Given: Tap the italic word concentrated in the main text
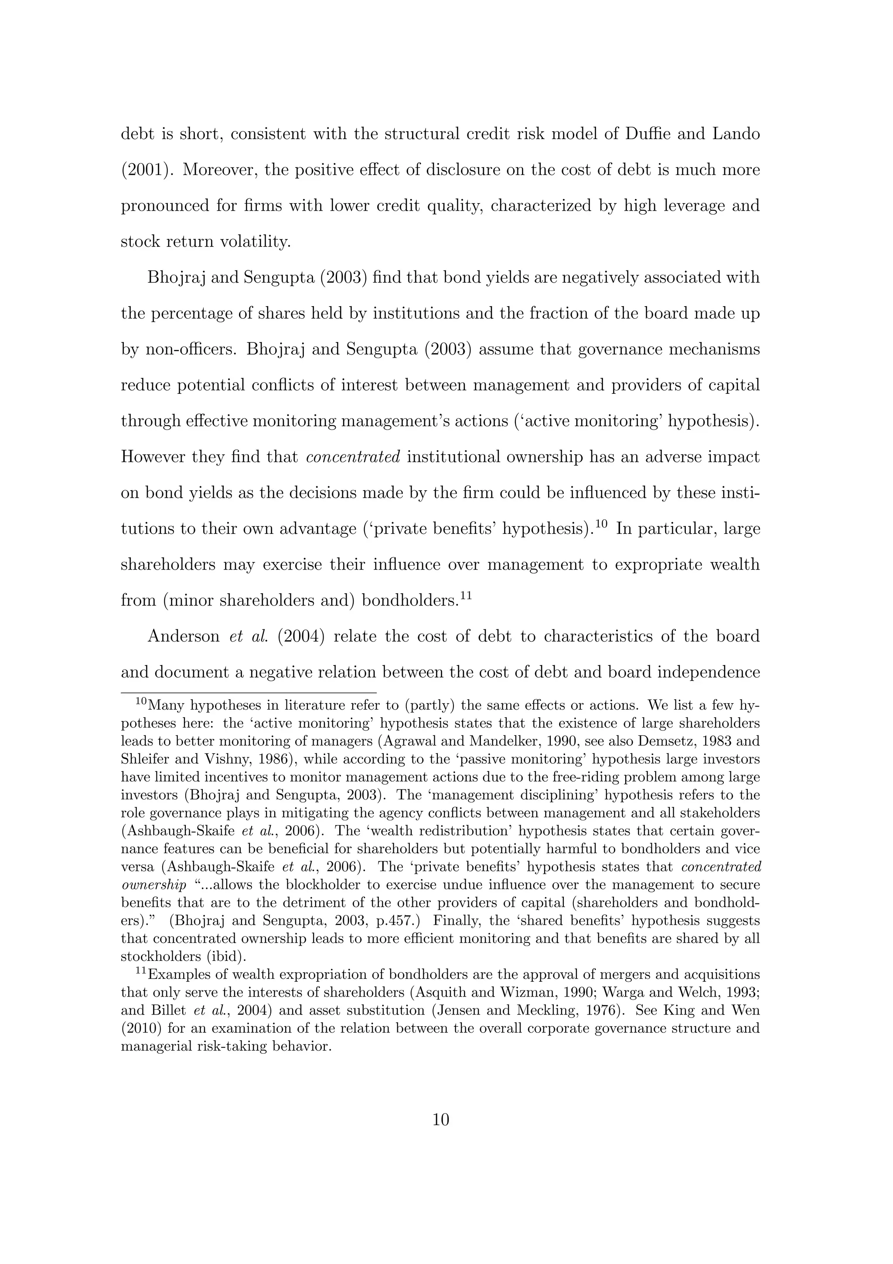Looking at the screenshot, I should pos(352,457).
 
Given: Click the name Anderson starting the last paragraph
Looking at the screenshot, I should pos(183,636).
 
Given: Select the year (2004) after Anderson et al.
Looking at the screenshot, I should pos(301,636).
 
